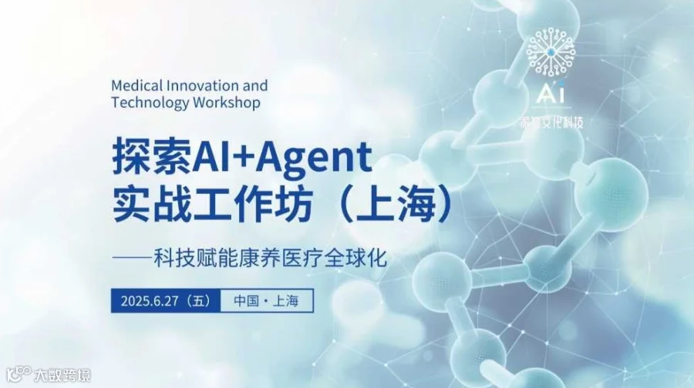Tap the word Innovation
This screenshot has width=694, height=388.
pos(197,85)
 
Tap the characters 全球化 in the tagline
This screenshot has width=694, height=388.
pos(358,257)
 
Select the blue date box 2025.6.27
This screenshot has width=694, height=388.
pos(166,301)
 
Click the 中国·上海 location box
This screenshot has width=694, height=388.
pos(267,301)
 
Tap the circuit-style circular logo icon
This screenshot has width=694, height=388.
pos(550,54)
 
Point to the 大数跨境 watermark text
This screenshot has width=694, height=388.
pos(63,376)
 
